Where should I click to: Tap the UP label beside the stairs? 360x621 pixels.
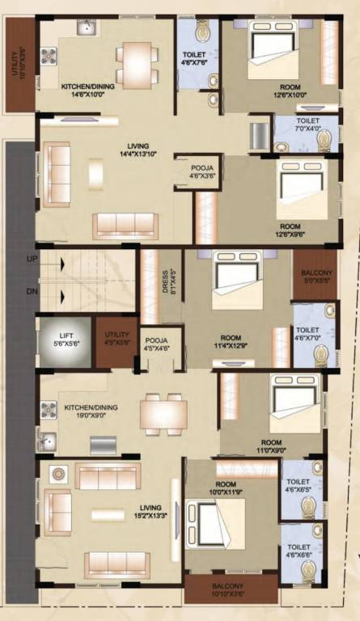pos(32,259)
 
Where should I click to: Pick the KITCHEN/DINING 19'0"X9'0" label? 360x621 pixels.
pos(91,411)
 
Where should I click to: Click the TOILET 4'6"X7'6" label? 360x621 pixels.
pos(195,59)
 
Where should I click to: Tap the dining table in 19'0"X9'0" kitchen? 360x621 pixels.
pos(163,413)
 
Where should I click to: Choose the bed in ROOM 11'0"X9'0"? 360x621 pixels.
pos(294,401)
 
